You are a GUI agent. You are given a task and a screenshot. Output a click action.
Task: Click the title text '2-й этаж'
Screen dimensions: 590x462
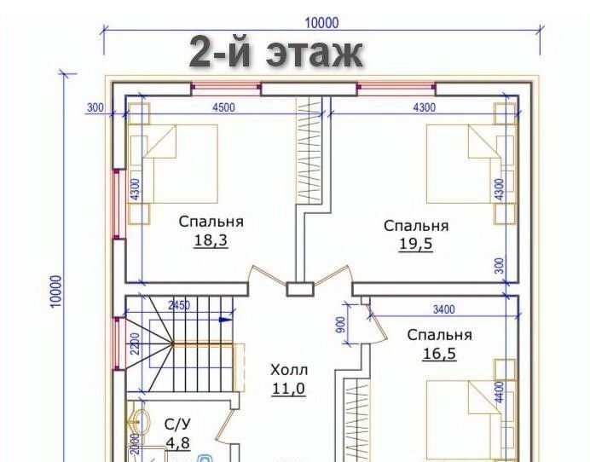tap(275, 53)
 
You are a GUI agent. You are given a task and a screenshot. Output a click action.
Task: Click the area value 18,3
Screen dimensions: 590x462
tap(211, 240)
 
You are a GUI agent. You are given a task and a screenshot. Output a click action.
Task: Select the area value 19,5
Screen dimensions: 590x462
tap(416, 244)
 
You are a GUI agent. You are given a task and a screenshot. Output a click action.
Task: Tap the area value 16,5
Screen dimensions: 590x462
tap(439, 353)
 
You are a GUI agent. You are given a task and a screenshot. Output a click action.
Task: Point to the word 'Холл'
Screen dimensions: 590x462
tap(289, 370)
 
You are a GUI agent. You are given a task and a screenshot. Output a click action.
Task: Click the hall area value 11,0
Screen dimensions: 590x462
tap(288, 389)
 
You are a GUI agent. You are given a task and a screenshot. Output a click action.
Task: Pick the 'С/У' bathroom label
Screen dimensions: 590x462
tap(177, 424)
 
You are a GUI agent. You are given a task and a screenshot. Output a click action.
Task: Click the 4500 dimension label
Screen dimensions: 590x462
tap(223, 107)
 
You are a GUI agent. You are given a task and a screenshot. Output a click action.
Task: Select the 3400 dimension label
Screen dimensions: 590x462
tap(444, 309)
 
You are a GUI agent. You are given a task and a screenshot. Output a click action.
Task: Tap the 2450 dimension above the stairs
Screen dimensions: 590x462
tap(179, 305)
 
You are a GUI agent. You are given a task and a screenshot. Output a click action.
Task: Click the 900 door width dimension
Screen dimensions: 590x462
tap(340, 324)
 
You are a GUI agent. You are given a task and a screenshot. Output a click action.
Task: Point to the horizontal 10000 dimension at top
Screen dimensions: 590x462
tap(321, 23)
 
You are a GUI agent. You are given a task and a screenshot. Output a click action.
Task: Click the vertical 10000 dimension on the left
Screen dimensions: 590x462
tap(55, 292)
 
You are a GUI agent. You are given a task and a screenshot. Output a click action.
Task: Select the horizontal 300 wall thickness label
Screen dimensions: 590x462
tap(95, 107)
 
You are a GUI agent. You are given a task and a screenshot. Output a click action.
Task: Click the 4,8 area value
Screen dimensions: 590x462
tap(177, 442)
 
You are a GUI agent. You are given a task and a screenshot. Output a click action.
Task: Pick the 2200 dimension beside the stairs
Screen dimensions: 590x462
tap(136, 344)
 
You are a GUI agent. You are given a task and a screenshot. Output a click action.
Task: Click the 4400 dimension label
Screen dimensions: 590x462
tap(499, 392)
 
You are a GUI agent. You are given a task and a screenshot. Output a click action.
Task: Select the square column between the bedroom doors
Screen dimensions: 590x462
tap(300, 289)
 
